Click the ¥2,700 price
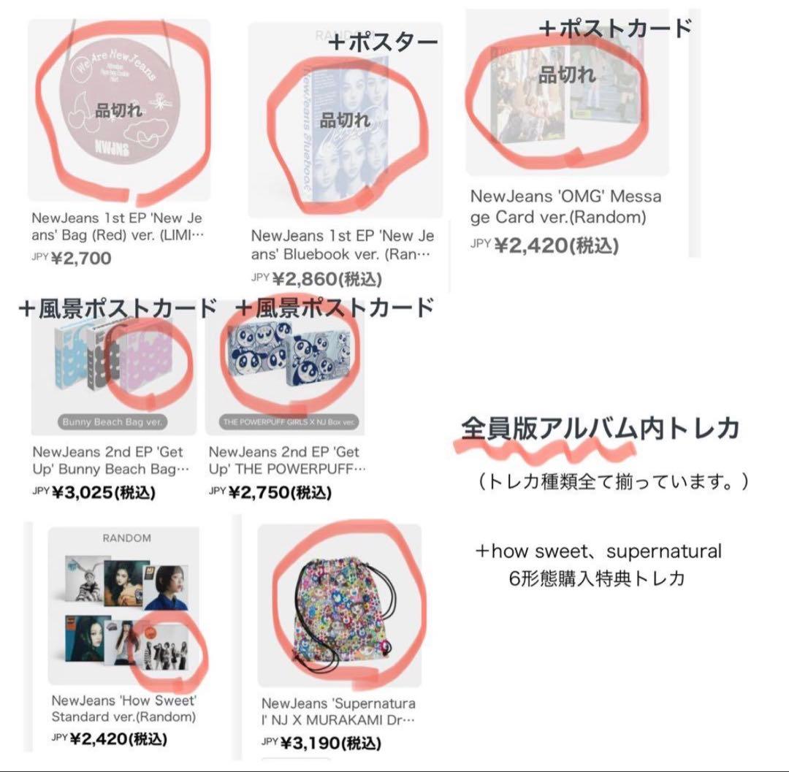coord(81,258)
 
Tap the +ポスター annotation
coord(382,43)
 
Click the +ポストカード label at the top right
coord(614,28)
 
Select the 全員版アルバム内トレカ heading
coord(600,429)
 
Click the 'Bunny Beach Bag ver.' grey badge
coord(114,421)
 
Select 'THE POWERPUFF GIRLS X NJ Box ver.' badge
coord(285,422)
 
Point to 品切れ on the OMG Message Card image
coord(567,74)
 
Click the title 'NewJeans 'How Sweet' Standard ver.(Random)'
coord(123,708)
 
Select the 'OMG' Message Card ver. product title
coord(565,207)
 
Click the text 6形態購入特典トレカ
coord(597,578)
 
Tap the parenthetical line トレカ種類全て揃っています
coord(610,483)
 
